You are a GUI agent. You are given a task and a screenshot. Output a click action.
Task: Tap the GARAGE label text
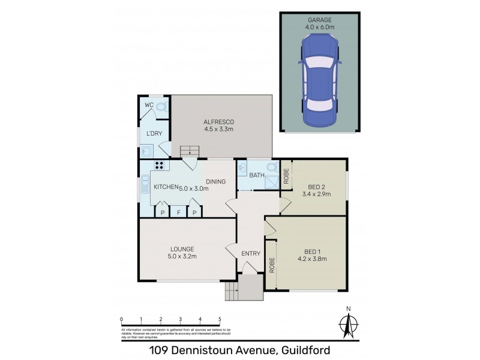pos(319,19)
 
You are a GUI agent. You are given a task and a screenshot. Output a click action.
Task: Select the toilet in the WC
pos(161,108)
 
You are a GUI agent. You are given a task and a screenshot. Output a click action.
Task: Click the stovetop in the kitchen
pos(160,167)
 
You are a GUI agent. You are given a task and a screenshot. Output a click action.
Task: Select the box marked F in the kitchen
pos(178,212)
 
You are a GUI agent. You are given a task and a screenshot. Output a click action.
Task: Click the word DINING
pos(215,181)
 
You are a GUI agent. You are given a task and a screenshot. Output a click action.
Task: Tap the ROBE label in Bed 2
pos(286,176)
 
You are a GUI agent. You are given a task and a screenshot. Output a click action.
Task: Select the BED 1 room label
pos(312,251)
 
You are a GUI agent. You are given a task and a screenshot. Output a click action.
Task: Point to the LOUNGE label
pos(181,248)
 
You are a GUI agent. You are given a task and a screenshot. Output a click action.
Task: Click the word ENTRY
pos(251,253)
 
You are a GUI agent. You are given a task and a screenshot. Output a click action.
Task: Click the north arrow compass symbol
pos(347,324)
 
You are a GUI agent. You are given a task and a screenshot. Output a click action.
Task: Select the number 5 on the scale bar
pos(220,319)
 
